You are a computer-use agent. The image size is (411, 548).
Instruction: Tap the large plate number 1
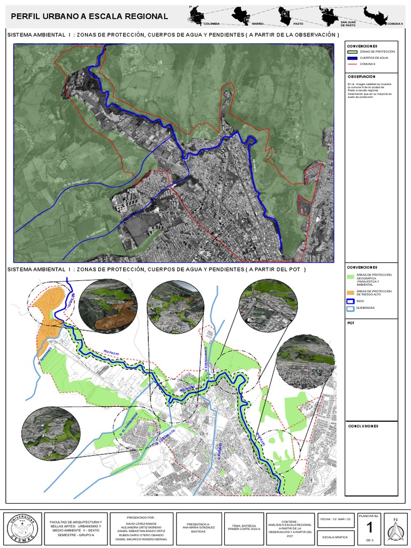point(369,528)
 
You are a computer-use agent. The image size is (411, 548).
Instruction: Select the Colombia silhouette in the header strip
point(196,15)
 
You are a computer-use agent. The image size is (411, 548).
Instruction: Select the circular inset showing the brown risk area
point(108,307)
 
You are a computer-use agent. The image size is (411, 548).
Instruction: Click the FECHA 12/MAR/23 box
point(336,519)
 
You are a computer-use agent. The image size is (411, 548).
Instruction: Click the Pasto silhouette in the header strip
point(286,15)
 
